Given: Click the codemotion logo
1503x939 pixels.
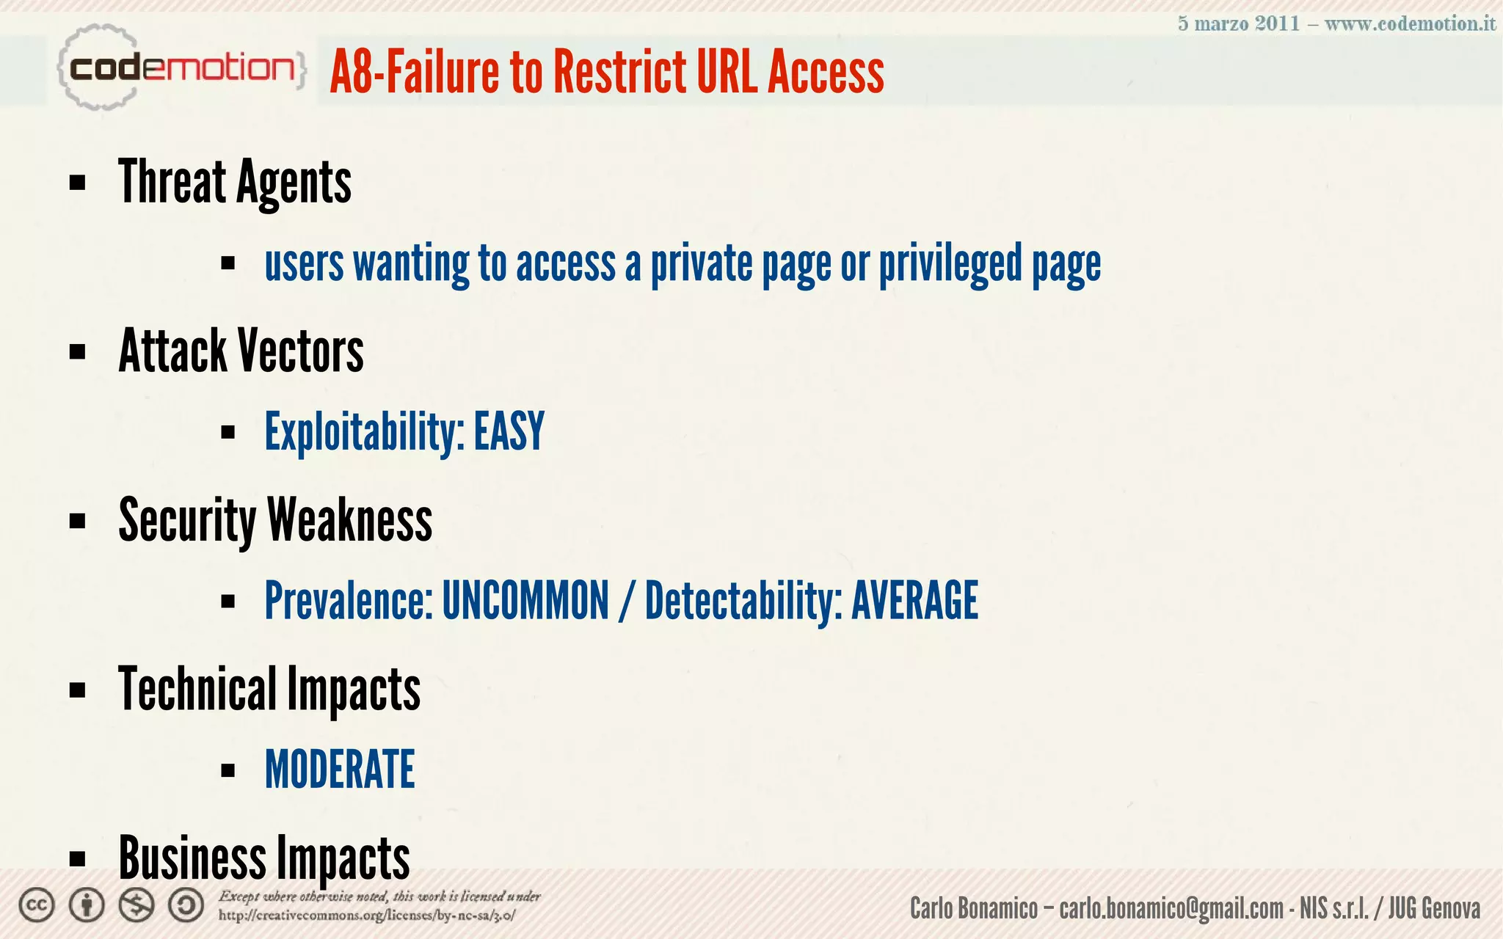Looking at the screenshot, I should [181, 68].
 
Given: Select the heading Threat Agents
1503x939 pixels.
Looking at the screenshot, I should [235, 183].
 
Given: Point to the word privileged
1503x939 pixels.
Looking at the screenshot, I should [950, 264].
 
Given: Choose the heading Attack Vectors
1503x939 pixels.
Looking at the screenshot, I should [241, 351].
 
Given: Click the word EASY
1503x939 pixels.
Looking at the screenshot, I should [509, 431].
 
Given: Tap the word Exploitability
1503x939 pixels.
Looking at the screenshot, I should [364, 433].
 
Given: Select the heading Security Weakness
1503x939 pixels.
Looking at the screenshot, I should [275, 520].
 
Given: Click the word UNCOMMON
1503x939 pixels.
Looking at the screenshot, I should [525, 601].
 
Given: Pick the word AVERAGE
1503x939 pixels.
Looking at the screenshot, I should [914, 601].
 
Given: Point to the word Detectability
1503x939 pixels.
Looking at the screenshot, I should [743, 601].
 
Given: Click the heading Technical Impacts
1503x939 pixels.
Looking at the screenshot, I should [269, 690].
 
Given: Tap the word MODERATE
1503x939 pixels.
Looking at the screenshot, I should [340, 770].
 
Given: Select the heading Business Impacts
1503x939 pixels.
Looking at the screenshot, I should [263, 858].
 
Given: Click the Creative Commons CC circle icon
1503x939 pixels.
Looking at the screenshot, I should [37, 905].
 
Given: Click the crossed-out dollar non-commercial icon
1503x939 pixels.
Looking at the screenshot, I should [137, 905].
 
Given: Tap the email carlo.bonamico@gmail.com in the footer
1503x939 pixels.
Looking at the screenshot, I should [1171, 909].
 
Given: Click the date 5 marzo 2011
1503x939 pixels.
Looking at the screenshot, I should [1239, 23].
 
